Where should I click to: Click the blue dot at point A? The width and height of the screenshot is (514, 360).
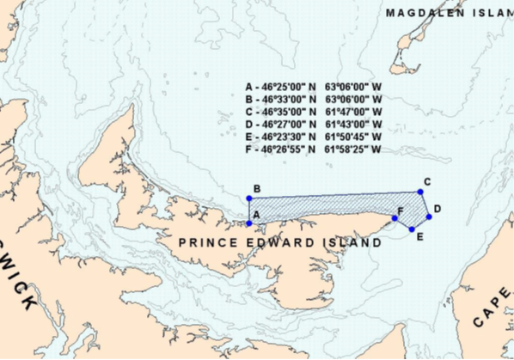(x=249, y=223)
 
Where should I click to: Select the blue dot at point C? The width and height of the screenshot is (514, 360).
(x=420, y=192)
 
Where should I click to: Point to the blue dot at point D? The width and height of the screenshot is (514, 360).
(x=428, y=217)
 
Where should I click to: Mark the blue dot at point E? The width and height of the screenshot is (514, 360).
(x=412, y=229)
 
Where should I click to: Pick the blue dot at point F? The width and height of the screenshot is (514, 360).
(x=395, y=218)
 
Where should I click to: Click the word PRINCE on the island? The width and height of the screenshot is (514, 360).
(x=207, y=243)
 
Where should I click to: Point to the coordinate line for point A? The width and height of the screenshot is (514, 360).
(x=313, y=88)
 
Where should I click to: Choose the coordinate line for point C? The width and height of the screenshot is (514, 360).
(x=313, y=113)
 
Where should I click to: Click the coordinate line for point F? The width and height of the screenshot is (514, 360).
(x=313, y=149)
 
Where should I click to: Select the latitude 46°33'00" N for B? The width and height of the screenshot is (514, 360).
(x=288, y=100)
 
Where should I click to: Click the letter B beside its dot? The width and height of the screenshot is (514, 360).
(x=256, y=189)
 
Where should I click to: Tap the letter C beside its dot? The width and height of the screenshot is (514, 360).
(x=427, y=181)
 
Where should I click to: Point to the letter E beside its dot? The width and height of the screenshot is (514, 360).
(x=419, y=236)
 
